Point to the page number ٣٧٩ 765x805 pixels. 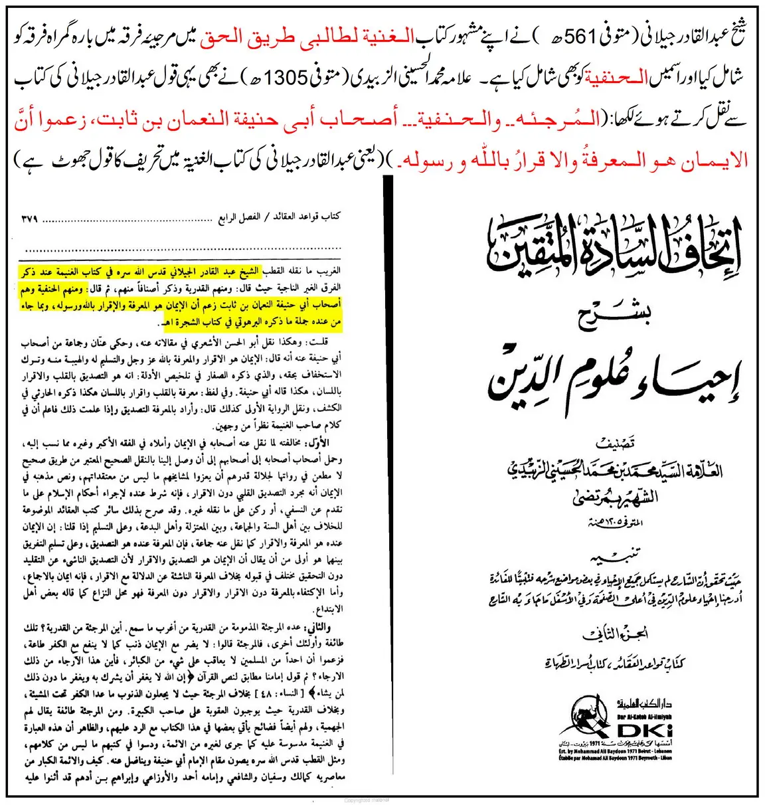(29, 218)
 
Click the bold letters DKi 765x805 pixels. (643, 730)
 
